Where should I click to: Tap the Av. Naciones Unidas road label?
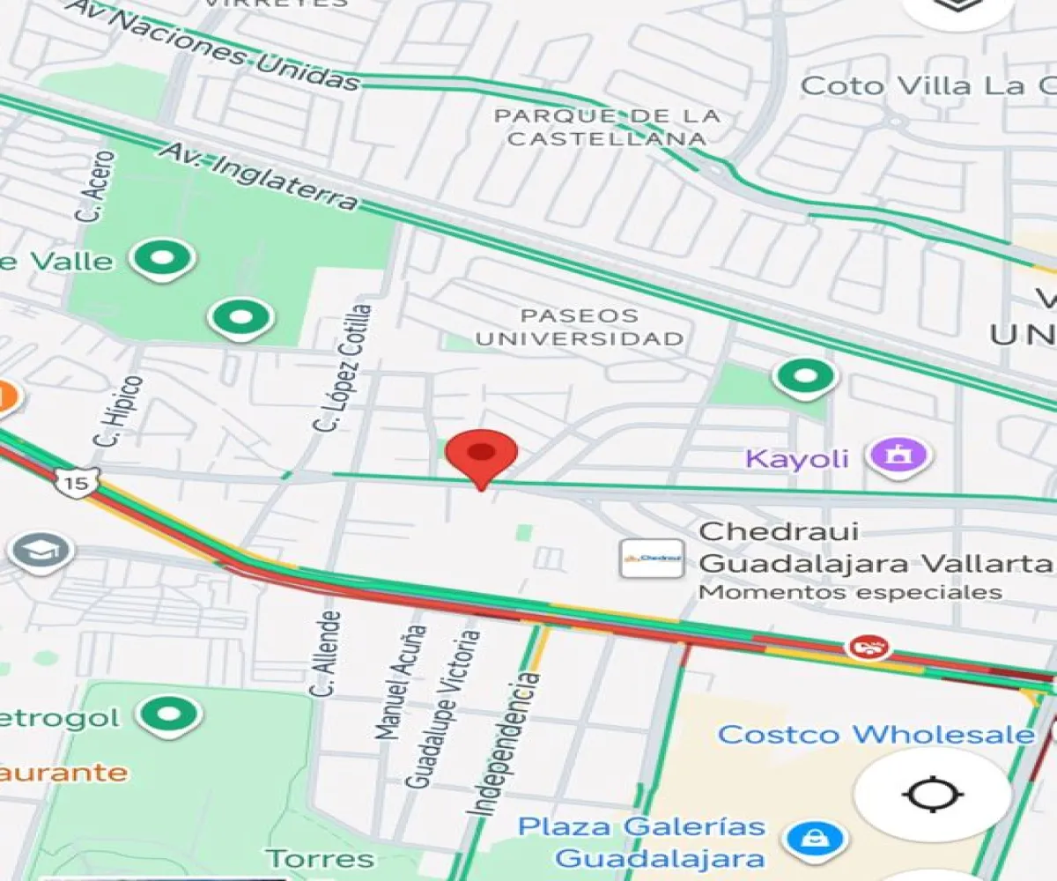coord(216,44)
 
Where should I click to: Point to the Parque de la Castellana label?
coord(607,127)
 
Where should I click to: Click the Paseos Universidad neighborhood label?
coord(580,327)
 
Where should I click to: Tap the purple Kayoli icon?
coord(898,455)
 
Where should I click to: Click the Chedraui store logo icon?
coord(652,558)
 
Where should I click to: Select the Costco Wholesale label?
coord(876,734)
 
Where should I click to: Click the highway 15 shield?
coord(75,482)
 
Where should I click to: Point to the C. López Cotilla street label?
coord(343,367)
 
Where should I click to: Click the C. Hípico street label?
coord(118,410)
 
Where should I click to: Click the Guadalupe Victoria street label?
coord(443,708)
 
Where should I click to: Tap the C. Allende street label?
coord(325,653)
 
